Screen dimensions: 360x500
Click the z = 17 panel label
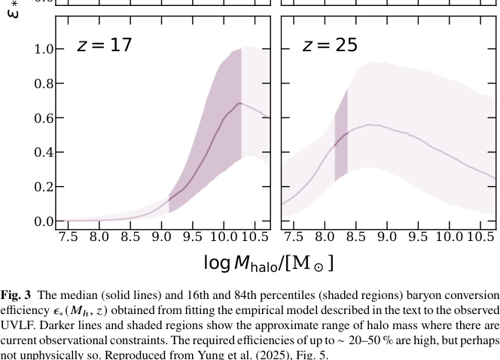pyautogui.click(x=104, y=45)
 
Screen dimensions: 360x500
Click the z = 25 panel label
pyautogui.click(x=330, y=45)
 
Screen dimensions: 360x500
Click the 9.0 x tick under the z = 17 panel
pyautogui.click(x=161, y=237)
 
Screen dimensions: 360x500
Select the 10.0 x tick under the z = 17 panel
pyautogui.click(x=224, y=237)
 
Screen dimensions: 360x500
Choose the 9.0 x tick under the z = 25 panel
pyautogui.click(x=387, y=237)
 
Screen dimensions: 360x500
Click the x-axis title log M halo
pyautogui.click(x=268, y=263)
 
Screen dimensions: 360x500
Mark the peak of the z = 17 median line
pyautogui.click(x=239, y=103)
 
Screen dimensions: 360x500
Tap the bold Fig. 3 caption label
pyautogui.click(x=16, y=295)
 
